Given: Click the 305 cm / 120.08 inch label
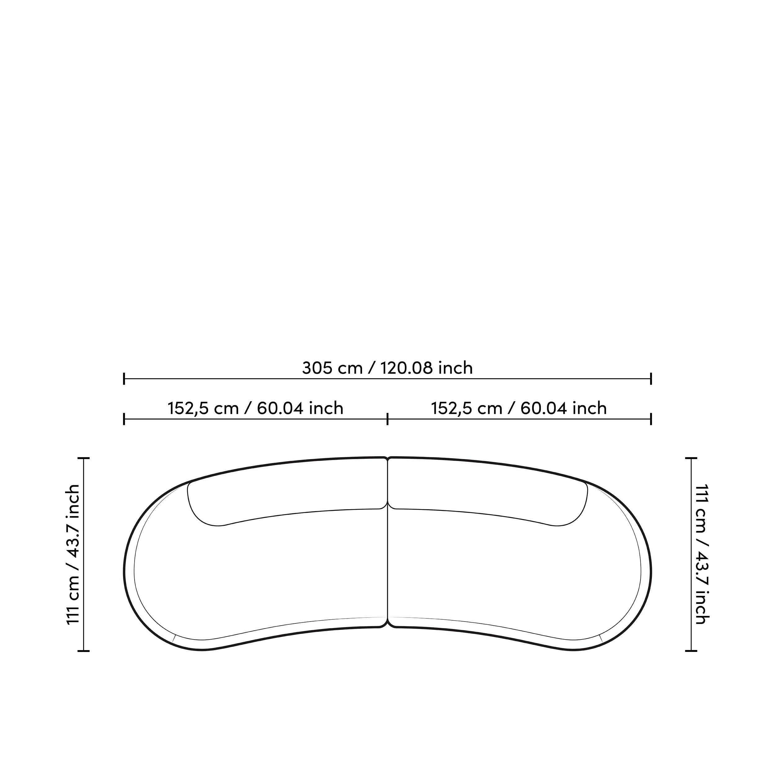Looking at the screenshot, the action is tap(387, 368).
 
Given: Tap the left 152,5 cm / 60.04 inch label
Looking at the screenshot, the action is tap(255, 408).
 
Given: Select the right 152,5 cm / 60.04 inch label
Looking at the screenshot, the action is tap(519, 408).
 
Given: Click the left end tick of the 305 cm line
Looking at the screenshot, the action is tap(124, 378).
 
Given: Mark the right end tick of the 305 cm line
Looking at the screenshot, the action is tap(651, 378).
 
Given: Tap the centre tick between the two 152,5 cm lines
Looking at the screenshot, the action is tap(387, 419).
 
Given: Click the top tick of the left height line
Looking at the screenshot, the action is tap(83, 458).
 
